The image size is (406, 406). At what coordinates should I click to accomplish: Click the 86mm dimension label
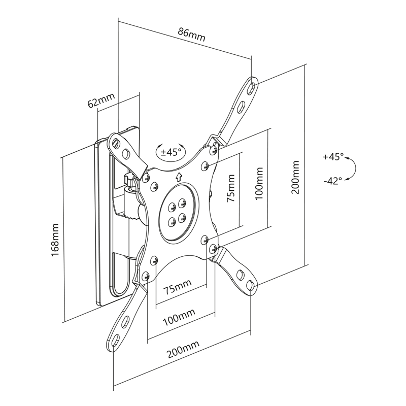point(192,35)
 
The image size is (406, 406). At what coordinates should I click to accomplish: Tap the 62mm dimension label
point(101,100)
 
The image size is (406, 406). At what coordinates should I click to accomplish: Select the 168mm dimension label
point(55,240)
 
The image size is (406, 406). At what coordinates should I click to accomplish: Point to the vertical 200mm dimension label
point(295,177)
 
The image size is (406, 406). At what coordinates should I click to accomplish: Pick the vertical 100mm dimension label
point(259,183)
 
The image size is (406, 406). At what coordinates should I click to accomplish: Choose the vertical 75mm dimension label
point(231,188)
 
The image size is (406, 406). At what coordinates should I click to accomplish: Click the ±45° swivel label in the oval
point(171,152)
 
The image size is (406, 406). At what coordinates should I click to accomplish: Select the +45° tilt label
point(333,156)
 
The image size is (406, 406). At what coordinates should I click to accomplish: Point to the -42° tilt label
point(333,181)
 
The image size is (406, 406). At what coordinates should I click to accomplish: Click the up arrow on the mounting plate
point(179,177)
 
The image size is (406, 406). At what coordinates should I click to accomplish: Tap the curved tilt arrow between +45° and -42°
point(355,168)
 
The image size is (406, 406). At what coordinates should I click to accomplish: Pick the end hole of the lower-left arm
point(116,340)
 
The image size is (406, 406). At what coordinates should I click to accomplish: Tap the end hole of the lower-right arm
point(250,285)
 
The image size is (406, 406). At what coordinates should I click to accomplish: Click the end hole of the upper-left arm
point(116,142)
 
